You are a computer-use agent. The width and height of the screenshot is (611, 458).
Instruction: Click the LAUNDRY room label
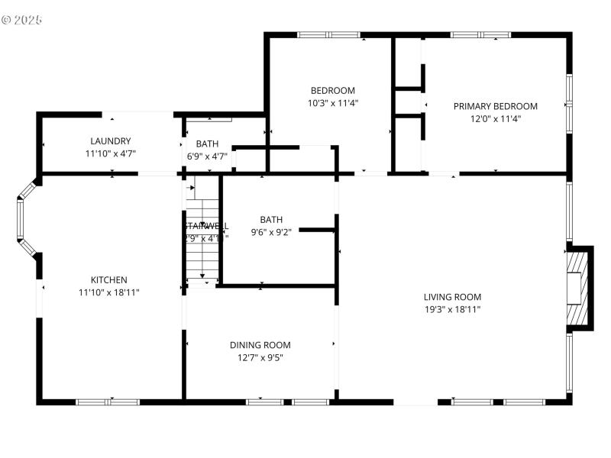coord(111,141)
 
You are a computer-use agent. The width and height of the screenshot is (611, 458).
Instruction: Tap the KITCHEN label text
coord(109,280)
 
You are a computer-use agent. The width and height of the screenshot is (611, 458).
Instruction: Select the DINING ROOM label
coord(260,345)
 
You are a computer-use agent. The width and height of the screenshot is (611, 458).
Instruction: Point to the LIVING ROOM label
coord(453,297)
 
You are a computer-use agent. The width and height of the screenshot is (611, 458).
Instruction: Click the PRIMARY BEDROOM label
coord(496,106)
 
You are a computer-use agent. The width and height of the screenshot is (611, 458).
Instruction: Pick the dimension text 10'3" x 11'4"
coord(332,102)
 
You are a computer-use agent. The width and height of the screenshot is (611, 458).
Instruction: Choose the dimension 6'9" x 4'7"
coord(207,156)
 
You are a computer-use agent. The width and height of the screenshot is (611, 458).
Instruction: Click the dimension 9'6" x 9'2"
coord(270,232)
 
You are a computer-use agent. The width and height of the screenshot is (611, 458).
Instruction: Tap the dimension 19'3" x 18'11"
coord(453,309)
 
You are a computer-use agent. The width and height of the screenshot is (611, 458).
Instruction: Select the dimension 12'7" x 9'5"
coord(260,357)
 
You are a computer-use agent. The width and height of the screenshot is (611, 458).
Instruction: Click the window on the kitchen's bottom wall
coord(107,401)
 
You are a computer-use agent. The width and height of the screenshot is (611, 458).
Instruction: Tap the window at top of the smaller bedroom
coord(328,34)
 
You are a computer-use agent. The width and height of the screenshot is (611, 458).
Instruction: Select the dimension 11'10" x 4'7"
coord(111,153)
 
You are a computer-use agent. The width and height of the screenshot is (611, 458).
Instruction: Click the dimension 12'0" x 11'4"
coord(496,118)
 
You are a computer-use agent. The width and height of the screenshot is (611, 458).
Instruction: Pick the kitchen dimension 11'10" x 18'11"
coord(109,292)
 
